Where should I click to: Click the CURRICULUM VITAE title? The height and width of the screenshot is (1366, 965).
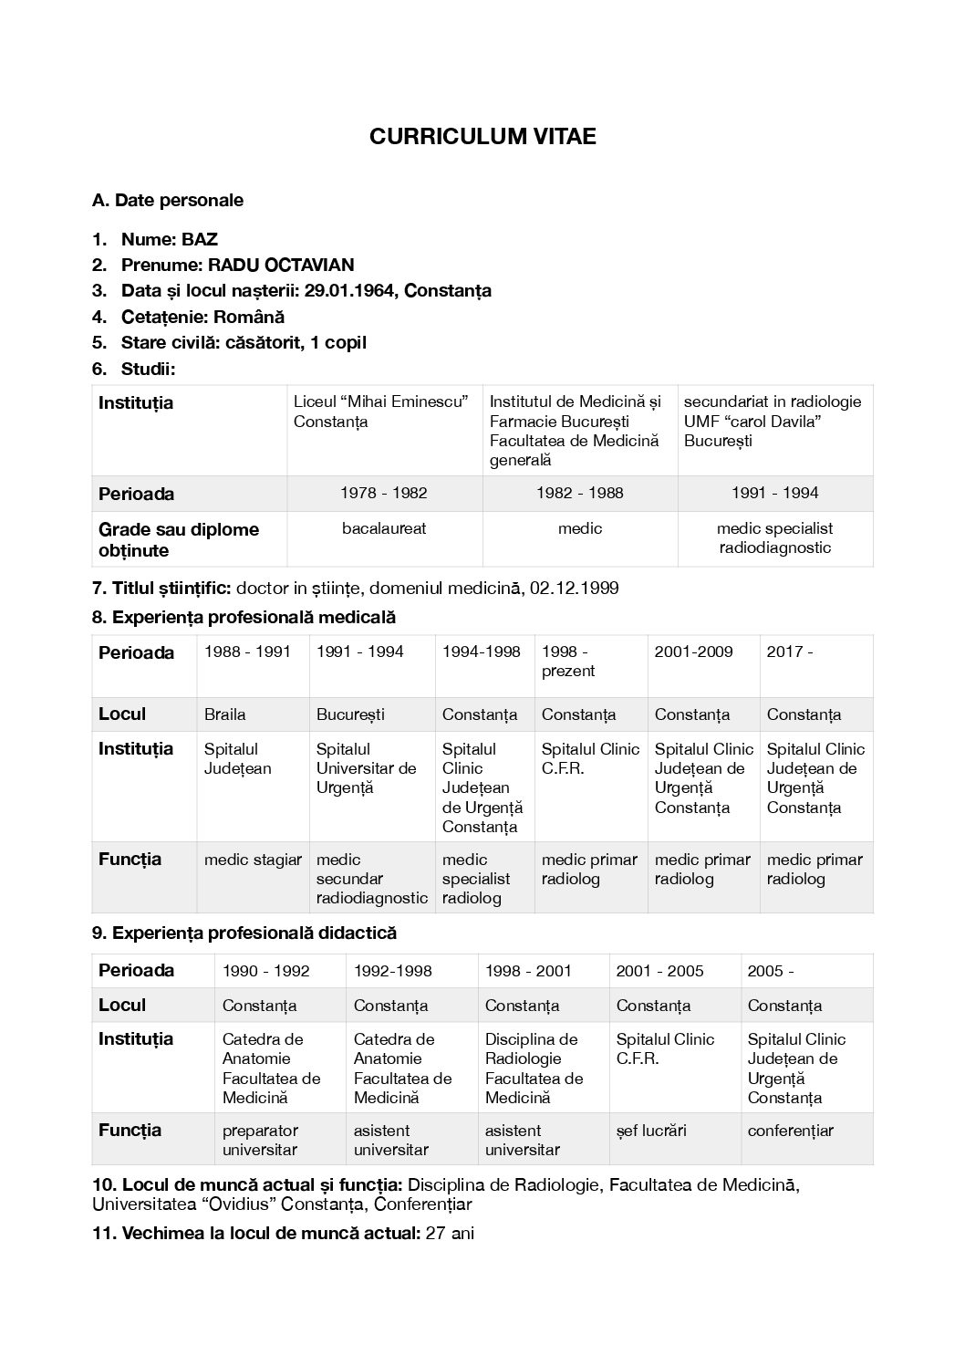pos(482,137)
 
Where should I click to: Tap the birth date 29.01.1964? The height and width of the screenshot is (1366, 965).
pos(350,291)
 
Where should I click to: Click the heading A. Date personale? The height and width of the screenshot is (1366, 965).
pos(168,200)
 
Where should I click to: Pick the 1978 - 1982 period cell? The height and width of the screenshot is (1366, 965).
pos(384,493)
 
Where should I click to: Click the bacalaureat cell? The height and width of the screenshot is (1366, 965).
pos(384,528)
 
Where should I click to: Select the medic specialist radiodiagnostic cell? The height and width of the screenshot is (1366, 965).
pos(774,538)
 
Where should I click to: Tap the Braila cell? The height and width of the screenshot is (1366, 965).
pos(225,714)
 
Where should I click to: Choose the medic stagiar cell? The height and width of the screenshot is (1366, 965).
pos(253,860)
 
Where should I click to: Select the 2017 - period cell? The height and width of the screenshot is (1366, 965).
pos(790,652)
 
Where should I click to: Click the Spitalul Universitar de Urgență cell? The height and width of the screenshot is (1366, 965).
pos(366,768)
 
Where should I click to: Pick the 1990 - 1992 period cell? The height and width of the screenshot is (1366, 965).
pos(266,971)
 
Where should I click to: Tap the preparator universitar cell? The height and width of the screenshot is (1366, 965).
pos(260,1140)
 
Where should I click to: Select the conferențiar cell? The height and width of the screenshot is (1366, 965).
pos(790,1131)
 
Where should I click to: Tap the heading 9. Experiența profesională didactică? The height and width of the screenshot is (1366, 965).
pos(244,933)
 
